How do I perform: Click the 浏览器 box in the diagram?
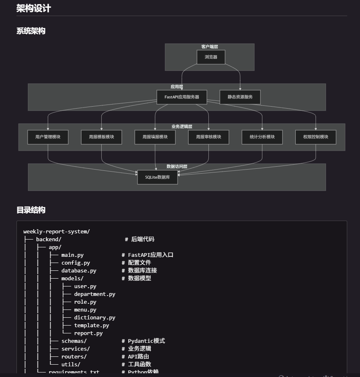211,57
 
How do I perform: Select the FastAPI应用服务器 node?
182,97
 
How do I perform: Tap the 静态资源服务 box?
240,97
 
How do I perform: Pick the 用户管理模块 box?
48,137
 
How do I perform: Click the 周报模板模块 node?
101,137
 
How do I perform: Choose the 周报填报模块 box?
155,137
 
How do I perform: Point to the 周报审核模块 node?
208,137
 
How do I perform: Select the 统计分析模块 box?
262,137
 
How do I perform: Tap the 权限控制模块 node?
316,137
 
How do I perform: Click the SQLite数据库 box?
157,177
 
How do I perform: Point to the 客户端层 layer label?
210,47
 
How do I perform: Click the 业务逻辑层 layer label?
182,127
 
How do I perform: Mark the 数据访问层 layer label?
177,167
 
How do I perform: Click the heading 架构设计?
34,8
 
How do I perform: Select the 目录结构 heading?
31,210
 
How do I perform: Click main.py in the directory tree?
72,255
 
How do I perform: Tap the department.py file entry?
94,294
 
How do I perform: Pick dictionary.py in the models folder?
94,317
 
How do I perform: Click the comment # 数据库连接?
139,270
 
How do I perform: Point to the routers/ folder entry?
74,356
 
